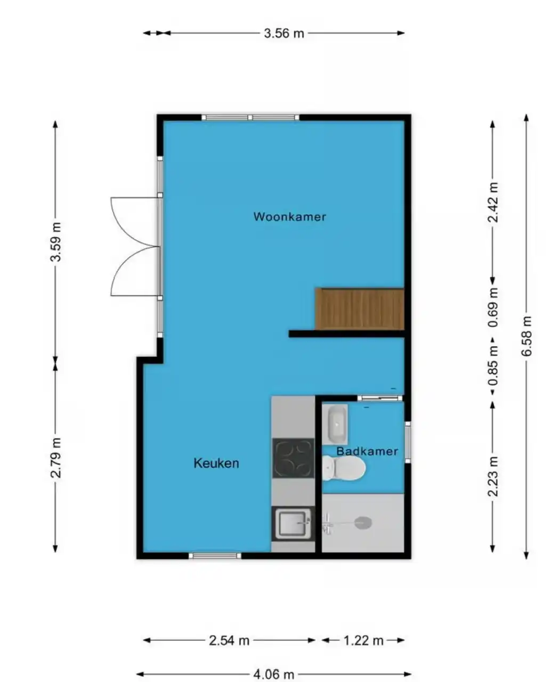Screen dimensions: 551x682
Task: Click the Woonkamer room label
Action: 289,217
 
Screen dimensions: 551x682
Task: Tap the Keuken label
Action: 216,464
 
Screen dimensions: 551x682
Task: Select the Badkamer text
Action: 367,451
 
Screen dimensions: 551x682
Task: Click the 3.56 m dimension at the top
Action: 283,33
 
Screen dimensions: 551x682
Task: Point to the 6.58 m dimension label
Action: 526,336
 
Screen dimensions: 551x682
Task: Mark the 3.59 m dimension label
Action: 56,242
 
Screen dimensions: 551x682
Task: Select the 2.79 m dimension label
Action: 56,458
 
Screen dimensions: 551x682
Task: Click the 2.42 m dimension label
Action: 493,202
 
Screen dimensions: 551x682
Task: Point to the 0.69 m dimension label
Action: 493,307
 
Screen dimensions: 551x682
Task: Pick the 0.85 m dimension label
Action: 493,366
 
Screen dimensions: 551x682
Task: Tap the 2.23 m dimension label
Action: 493,476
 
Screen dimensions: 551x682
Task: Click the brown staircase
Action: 360,309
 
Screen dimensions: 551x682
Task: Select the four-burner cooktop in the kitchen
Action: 293,458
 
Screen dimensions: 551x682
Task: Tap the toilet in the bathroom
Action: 344,468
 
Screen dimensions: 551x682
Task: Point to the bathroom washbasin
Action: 335,424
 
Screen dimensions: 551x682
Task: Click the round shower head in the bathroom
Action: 363,523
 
